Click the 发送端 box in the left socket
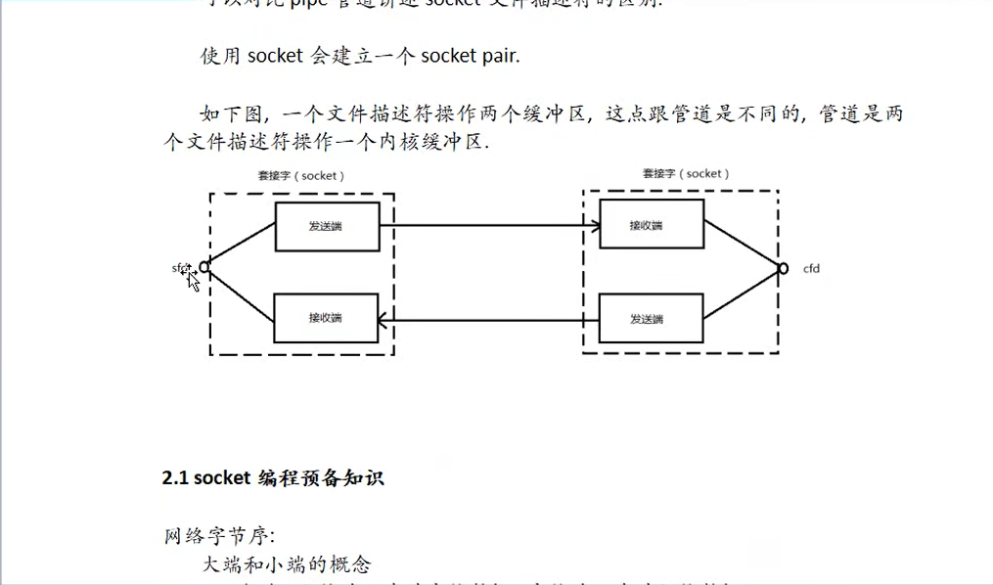coord(327,227)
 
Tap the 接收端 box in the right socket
coord(651,225)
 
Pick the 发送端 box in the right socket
coord(651,319)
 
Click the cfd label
coord(811,268)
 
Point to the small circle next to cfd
coord(783,268)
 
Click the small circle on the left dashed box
coord(204,266)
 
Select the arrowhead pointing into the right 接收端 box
coord(594,227)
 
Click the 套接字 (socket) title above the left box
coord(300,176)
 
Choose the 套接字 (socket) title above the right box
coord(686,173)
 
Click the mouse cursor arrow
coord(193,280)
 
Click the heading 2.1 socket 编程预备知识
coord(273,478)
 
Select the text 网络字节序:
coord(220,535)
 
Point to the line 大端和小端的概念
coord(287,564)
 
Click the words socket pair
coord(471,56)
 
